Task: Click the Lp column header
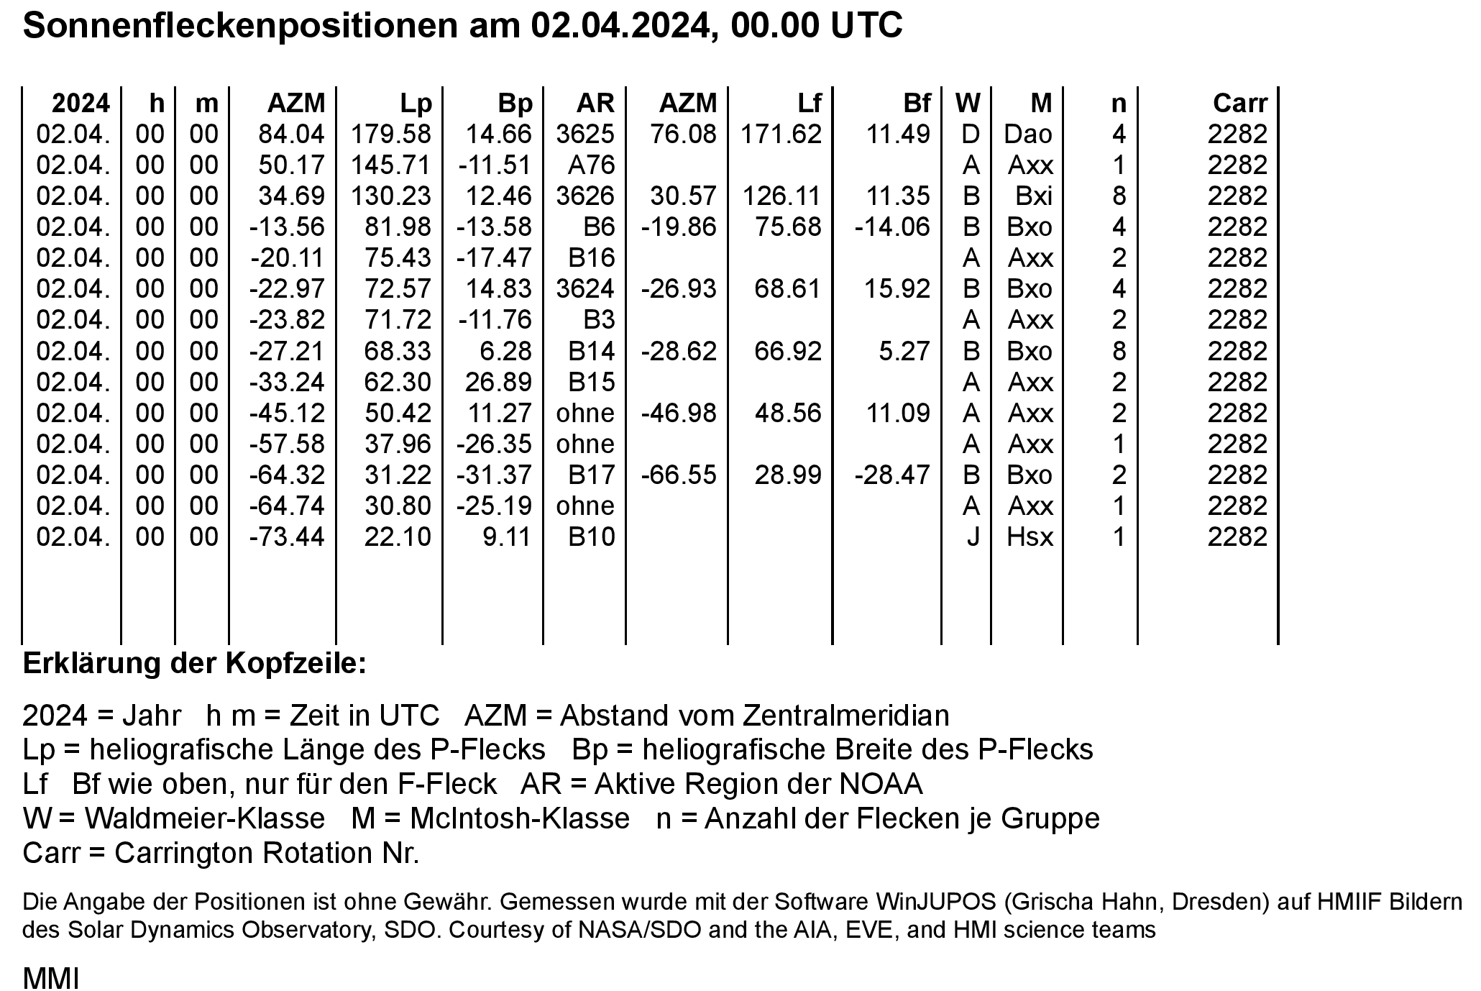click(x=416, y=104)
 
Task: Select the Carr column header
click(x=1239, y=104)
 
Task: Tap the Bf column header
click(x=917, y=104)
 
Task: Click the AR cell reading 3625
click(x=585, y=134)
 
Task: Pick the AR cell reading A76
click(x=591, y=165)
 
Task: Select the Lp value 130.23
click(x=391, y=196)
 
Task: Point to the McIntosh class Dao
click(x=1029, y=134)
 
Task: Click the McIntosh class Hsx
click(x=1030, y=537)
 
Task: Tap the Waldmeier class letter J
click(x=972, y=537)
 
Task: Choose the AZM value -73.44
click(x=287, y=537)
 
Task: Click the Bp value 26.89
click(x=498, y=382)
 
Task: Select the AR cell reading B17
click(x=591, y=475)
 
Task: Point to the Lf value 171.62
click(x=781, y=134)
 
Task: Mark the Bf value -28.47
click(x=892, y=475)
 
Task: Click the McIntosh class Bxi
click(x=1034, y=196)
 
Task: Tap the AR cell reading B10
click(x=591, y=537)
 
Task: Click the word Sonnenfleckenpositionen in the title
click(x=240, y=27)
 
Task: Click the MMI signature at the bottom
click(x=50, y=979)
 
